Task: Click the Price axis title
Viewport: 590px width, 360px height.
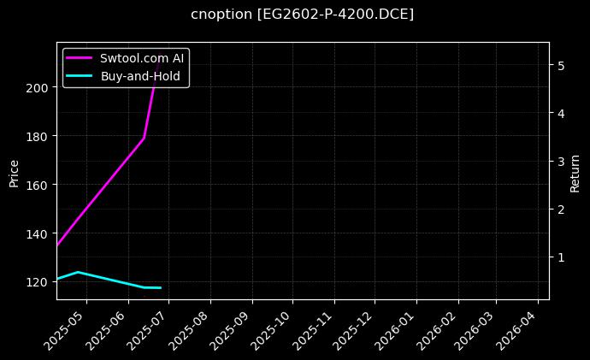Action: (14, 171)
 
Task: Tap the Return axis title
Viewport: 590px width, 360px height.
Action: (575, 171)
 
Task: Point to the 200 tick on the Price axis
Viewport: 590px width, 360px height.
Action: (38, 87)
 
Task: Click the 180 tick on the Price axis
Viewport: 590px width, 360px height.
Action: (38, 136)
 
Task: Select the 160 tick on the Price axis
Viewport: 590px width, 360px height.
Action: (38, 185)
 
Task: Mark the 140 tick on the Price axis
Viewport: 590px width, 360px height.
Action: (38, 233)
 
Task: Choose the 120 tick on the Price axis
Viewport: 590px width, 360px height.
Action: (38, 282)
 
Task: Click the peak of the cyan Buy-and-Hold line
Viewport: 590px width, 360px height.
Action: (78, 272)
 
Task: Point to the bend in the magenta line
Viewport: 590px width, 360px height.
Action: (144, 138)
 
